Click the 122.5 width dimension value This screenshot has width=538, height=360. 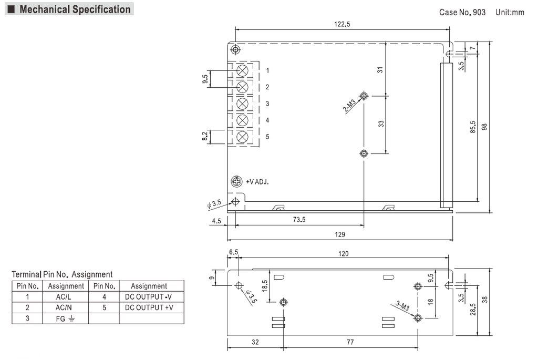pyautogui.click(x=342, y=24)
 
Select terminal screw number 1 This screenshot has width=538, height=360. pyautogui.click(x=243, y=70)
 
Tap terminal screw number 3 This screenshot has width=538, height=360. pyautogui.click(x=243, y=104)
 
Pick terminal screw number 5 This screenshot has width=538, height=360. pyautogui.click(x=243, y=137)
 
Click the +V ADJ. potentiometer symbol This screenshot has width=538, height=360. pyautogui.click(x=236, y=181)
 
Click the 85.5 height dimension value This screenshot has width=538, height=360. pyautogui.click(x=473, y=127)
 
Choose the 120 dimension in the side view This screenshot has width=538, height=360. pyautogui.click(x=343, y=253)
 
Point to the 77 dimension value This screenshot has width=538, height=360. pyautogui.click(x=350, y=342)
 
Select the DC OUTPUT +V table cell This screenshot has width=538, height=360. pyautogui.click(x=149, y=307)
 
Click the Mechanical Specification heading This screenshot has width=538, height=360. pyautogui.click(x=75, y=9)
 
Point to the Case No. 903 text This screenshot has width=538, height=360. pyautogui.click(x=462, y=12)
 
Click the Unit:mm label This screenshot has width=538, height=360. pyautogui.click(x=510, y=12)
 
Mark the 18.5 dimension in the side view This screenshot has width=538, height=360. pyautogui.click(x=265, y=285)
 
